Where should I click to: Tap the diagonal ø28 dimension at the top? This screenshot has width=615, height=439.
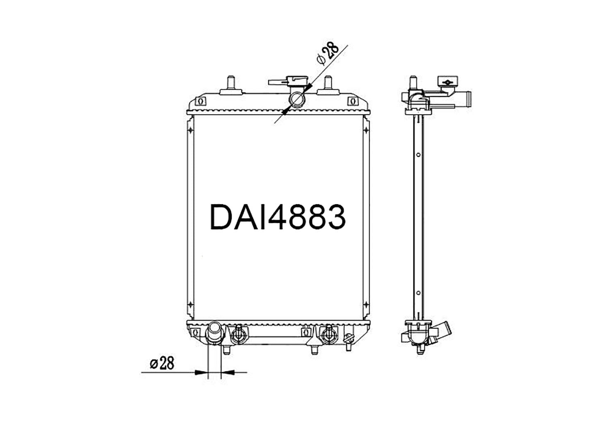328,54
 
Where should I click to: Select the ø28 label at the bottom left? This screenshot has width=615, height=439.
162,363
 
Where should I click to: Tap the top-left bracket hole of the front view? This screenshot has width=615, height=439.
200,101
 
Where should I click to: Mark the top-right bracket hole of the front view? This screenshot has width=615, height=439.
352,101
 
